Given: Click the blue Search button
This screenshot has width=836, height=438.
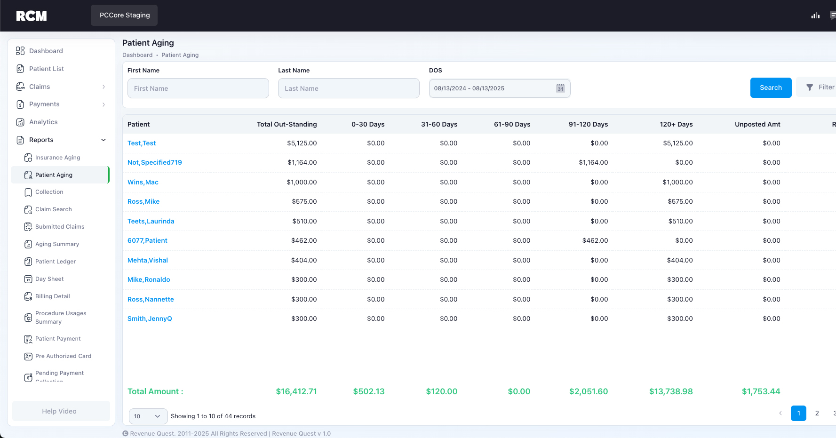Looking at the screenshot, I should point(771,88).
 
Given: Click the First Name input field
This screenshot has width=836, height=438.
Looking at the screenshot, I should point(198,88).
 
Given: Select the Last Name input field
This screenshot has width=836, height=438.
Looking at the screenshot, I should point(349,88).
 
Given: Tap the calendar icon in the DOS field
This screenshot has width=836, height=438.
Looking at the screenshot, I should point(560,88).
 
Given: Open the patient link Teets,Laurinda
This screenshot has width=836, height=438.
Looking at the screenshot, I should point(151,221).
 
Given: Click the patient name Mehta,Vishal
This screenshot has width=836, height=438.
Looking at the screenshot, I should point(148,260).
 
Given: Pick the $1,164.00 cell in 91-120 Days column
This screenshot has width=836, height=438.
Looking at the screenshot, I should point(593,162).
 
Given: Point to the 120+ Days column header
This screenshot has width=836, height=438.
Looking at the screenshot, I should point(676,124).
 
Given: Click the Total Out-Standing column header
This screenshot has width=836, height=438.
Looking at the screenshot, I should point(287,124).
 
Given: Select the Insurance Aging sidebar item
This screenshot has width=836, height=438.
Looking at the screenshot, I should point(57,158).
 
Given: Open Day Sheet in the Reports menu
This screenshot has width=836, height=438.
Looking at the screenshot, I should point(49,279).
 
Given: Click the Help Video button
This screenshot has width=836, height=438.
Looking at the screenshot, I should point(59,411).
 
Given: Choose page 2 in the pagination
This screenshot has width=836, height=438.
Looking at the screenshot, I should point(817,413).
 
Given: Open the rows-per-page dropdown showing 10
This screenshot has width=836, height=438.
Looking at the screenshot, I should point(148,416).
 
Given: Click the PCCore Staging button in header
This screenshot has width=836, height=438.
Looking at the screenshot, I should point(124,15).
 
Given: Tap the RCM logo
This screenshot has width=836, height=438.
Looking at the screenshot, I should point(32,16).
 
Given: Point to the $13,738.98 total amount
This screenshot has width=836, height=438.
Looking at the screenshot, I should point(671,391).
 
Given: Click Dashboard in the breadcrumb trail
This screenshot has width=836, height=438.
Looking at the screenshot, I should point(137,55).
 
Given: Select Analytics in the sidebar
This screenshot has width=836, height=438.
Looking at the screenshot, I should point(43,122).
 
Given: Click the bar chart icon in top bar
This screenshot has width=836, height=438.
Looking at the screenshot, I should point(815,16).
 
